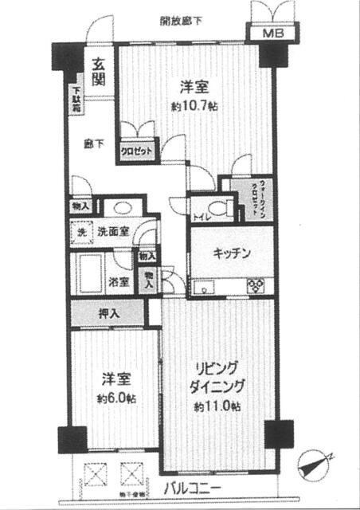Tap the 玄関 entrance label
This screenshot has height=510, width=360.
pos(98,72)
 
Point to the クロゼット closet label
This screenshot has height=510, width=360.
pos(137,151)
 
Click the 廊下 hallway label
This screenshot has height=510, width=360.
pos(94,145)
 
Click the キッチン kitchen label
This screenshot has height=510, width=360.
pos(233,253)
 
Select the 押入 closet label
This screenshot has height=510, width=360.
pos(108,313)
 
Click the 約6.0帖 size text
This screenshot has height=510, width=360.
pos(116,396)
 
